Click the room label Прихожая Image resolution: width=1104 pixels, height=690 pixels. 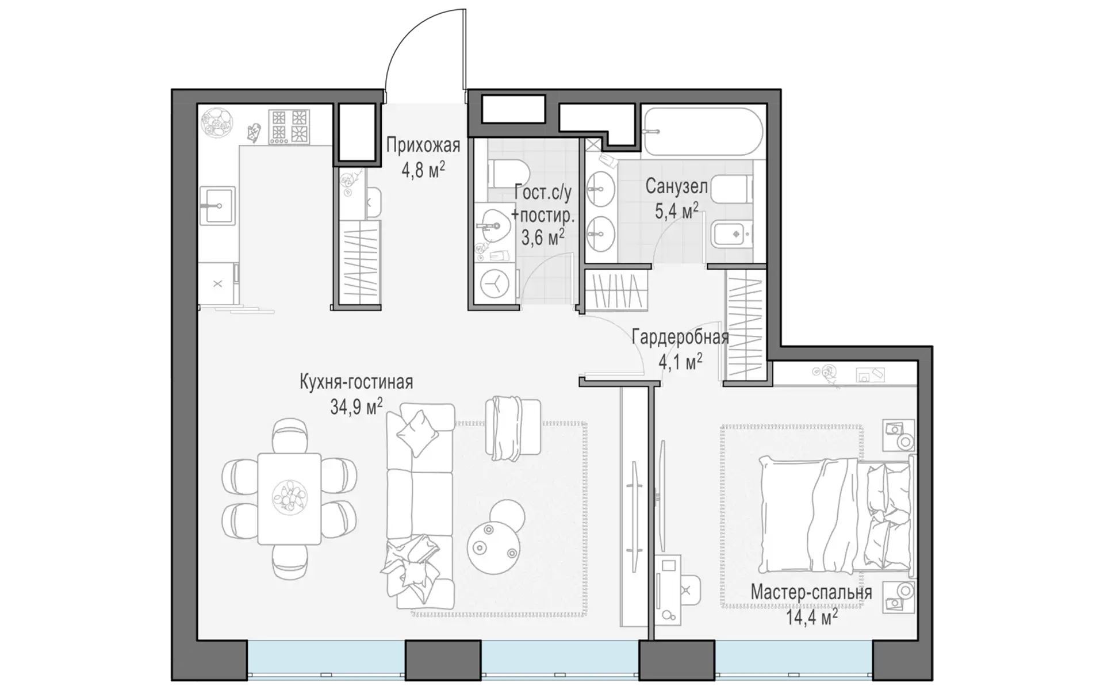click(423, 145)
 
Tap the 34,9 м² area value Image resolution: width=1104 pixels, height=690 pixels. click(356, 407)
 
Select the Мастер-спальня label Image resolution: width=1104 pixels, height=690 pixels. click(811, 592)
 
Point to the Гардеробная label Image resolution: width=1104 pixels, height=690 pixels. click(680, 337)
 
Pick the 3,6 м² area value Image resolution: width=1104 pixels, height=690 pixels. click(542, 236)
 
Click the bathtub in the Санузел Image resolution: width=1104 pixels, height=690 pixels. click(703, 132)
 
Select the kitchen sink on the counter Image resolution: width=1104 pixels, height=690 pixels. click(217, 205)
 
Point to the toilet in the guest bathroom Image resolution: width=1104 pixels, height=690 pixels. click(508, 173)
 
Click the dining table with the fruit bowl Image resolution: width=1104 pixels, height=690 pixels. click(289, 499)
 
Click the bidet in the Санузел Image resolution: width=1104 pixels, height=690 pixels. click(729, 234)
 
